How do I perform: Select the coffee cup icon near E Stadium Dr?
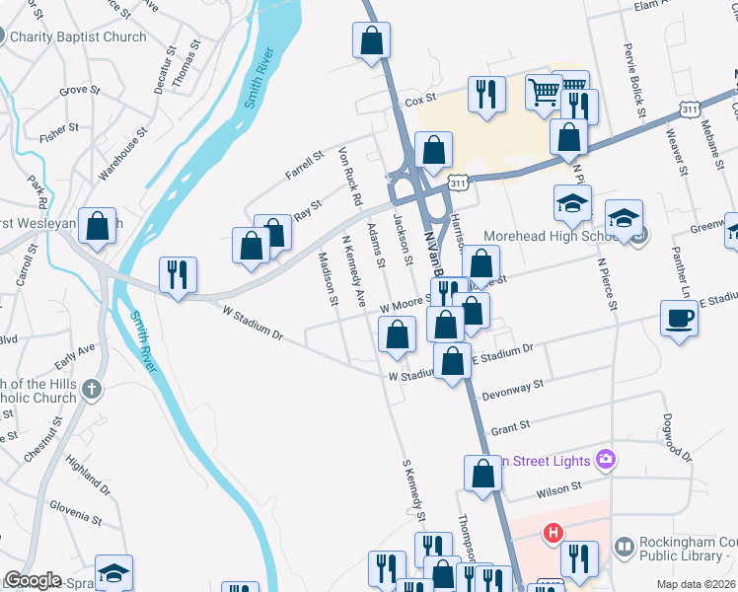pos(679,319)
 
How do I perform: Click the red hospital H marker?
pos(553,533)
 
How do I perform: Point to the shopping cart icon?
pos(543,93)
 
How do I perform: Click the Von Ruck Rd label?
pos(349,178)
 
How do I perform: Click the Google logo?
pos(33,580)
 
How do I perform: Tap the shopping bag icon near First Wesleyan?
pos(98,226)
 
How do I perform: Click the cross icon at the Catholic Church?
pos(92,390)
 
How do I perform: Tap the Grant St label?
pos(510,426)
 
